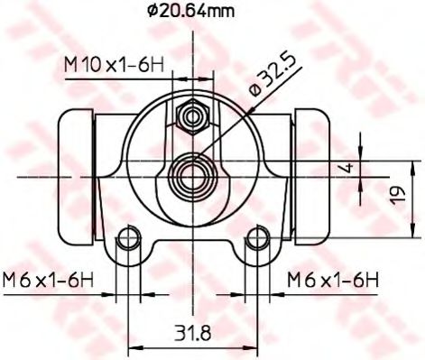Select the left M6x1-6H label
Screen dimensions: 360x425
click(x=48, y=281)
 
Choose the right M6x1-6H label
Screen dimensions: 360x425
click(x=332, y=281)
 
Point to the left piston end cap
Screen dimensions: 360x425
click(x=74, y=177)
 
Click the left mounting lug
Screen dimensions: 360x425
click(x=131, y=245)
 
